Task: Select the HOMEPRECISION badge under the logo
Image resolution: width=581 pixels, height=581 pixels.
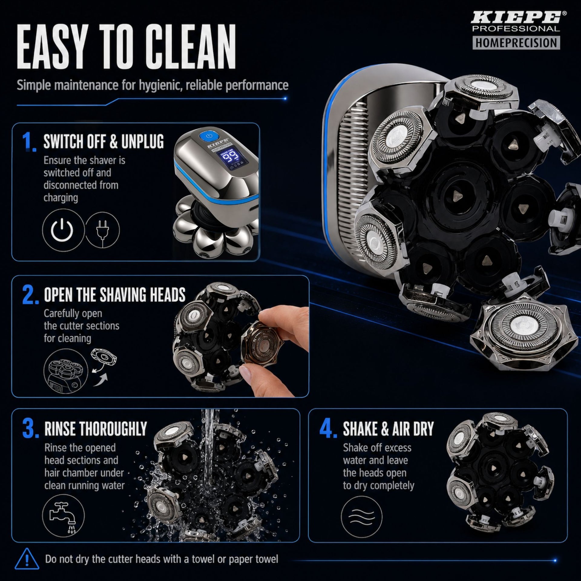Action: (x=516, y=43)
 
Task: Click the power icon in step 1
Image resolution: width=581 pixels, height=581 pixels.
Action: (x=62, y=230)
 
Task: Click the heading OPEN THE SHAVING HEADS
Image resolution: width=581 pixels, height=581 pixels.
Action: (x=115, y=295)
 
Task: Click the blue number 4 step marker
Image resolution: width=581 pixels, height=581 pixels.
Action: (x=328, y=429)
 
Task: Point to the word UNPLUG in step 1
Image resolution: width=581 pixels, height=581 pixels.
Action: (x=143, y=141)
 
